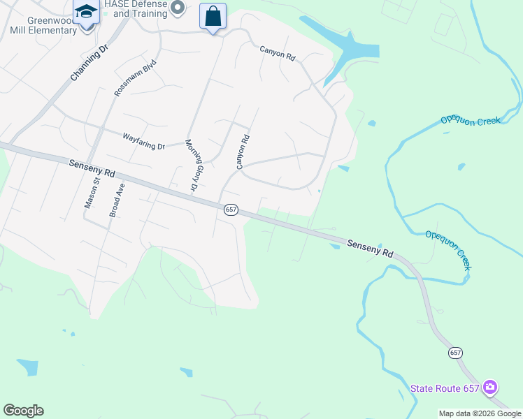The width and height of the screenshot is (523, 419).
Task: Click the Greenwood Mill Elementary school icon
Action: pyautogui.click(x=86, y=12)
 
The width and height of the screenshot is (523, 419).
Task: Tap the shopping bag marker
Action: pyautogui.click(x=213, y=16)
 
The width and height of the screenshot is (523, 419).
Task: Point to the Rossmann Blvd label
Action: pyautogui.click(x=135, y=78)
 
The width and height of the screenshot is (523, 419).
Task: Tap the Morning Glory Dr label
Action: pyautogui.click(x=191, y=166)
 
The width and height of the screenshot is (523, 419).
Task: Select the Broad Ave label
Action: pyautogui.click(x=116, y=200)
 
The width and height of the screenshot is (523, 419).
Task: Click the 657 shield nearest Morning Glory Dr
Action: pyautogui.click(x=231, y=209)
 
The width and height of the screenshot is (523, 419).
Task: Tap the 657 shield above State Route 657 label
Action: pyautogui.click(x=456, y=353)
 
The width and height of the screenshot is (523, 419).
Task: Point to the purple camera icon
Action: pyautogui.click(x=490, y=387)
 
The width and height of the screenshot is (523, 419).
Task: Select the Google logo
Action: pyautogui.click(x=23, y=411)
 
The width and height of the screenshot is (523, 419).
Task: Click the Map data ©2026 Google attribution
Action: pyautogui.click(x=480, y=413)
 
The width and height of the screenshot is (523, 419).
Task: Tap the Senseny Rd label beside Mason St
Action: pyautogui.click(x=92, y=168)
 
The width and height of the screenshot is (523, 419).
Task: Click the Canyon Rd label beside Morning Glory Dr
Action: pyautogui.click(x=242, y=152)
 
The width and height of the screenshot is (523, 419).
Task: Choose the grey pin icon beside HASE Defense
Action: pyautogui.click(x=178, y=8)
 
